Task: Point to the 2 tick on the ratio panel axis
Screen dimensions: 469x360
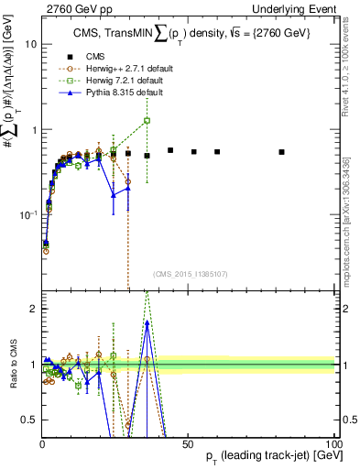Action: (x=32, y=309)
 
